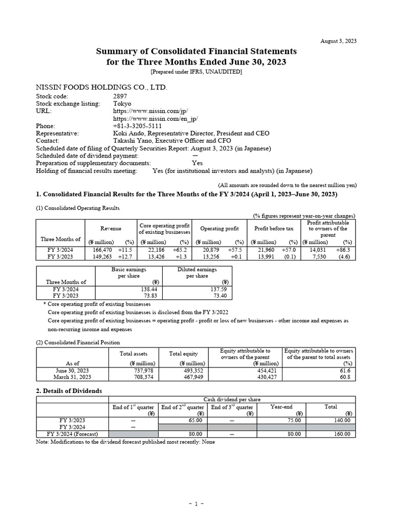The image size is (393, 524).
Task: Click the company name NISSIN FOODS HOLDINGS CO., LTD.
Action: click(x=101, y=88)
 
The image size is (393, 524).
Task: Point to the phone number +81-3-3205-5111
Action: click(x=137, y=125)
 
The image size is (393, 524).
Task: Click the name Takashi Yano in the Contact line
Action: click(x=130, y=140)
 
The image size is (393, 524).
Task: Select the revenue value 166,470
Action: click(x=101, y=249)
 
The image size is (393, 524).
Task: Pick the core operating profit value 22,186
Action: click(x=154, y=249)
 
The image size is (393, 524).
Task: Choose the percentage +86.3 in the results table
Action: click(x=344, y=249)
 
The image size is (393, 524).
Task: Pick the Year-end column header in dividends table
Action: click(x=281, y=407)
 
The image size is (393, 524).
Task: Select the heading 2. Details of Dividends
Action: click(x=69, y=390)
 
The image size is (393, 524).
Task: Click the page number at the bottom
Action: click(x=196, y=504)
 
